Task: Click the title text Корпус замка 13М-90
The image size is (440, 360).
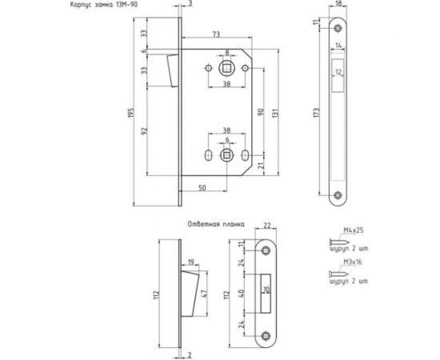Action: (104, 5)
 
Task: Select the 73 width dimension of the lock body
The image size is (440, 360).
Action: (216, 34)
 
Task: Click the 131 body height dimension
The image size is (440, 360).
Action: (275, 114)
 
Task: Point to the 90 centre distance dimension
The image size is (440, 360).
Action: (261, 112)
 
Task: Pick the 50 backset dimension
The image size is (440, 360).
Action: (202, 188)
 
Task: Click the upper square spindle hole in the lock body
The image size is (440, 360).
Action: (226, 68)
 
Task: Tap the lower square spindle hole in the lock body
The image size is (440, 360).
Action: (226, 155)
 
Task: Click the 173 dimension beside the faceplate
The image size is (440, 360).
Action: (317, 112)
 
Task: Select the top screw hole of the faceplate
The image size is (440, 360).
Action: (338, 28)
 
